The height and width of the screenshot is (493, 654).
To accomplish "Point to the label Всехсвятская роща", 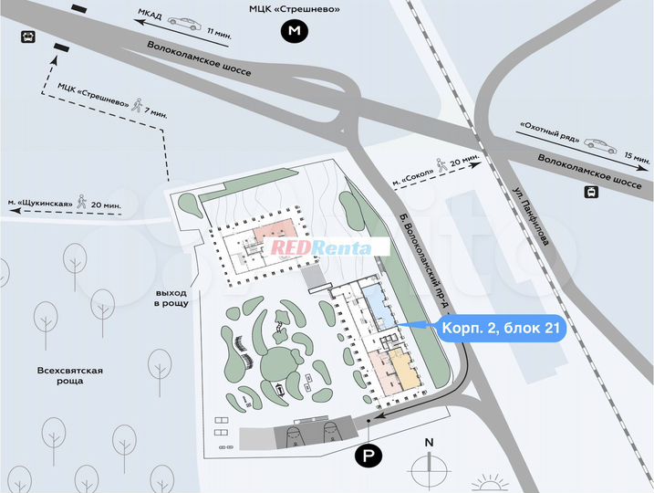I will [69, 375].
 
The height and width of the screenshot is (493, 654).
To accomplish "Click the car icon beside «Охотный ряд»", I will [597, 143].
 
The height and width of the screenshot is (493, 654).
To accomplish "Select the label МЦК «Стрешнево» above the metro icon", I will [294, 9].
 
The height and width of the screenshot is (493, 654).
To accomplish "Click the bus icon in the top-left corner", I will [28, 37].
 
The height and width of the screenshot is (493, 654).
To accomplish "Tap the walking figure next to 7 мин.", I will [136, 105].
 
